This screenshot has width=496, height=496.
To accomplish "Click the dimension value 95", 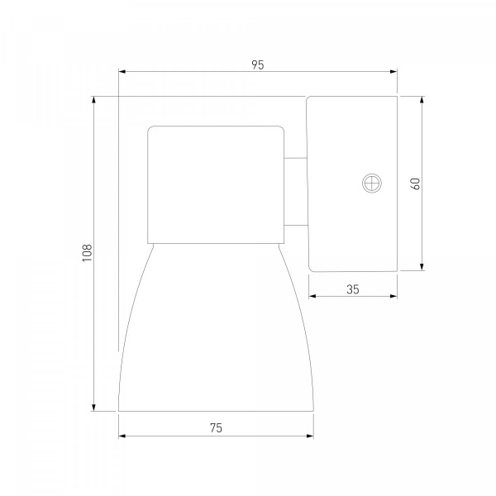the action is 257,64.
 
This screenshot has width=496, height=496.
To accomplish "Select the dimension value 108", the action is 87,253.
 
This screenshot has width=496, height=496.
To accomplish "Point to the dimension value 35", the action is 353,289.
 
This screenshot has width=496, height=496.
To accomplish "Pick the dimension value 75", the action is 216,428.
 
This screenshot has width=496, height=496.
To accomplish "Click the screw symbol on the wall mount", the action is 372,183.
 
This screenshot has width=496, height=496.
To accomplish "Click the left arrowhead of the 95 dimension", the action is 122,72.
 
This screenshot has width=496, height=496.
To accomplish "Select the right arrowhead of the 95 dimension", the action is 393,72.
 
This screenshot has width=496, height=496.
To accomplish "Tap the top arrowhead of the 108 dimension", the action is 93,100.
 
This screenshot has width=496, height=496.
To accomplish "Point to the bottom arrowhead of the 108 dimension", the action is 93,408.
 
